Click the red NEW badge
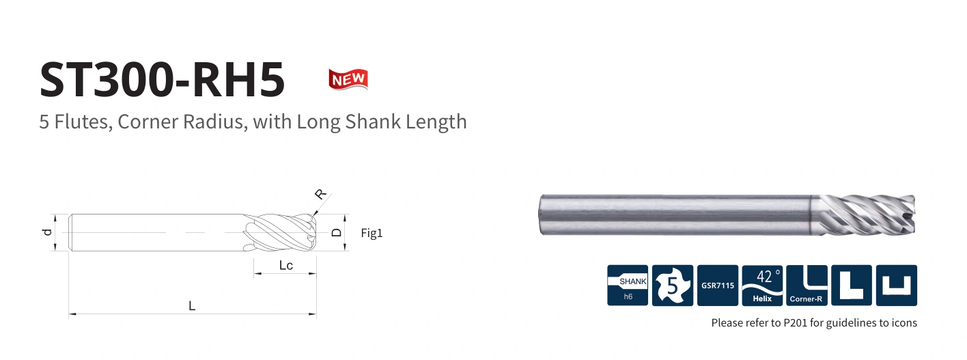tap(348, 79)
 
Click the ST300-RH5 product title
tap(163, 79)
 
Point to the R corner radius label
tap(320, 195)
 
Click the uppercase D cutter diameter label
tap(336, 233)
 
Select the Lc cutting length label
tap(285, 265)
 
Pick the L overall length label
tap(192, 306)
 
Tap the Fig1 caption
tap(372, 233)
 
